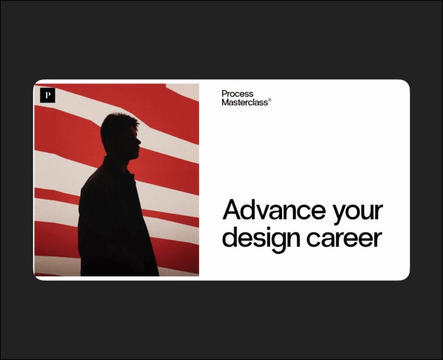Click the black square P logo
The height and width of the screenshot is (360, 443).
pyautogui.click(x=48, y=95)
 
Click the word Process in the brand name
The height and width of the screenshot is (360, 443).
pyautogui.click(x=238, y=94)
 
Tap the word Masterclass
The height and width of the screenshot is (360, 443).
pyautogui.click(x=245, y=102)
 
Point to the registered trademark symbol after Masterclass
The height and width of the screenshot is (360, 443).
pyautogui.click(x=270, y=100)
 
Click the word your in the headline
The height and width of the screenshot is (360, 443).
pyautogui.click(x=358, y=213)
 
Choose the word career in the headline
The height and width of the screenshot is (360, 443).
pyautogui.click(x=344, y=239)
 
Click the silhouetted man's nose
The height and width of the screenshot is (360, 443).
pyautogui.click(x=139, y=141)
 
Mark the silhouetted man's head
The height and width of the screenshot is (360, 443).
pyautogui.click(x=121, y=135)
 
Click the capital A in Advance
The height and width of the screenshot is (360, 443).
pyautogui.click(x=233, y=209)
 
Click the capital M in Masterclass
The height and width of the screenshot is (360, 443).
pyautogui.click(x=225, y=102)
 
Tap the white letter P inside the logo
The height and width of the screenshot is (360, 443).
pyautogui.click(x=48, y=95)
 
